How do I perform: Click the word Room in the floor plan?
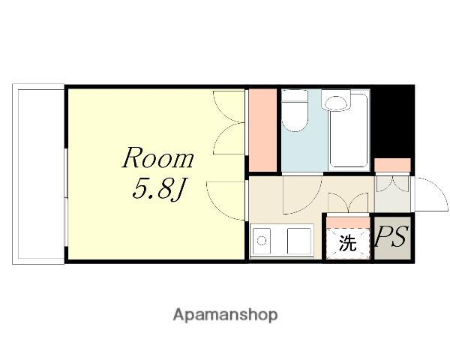[x=157, y=157]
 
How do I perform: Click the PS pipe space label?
[x=391, y=237]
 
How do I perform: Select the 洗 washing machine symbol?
[x=348, y=243]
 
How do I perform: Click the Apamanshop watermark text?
[x=225, y=315]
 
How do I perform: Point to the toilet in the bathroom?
[x=295, y=110]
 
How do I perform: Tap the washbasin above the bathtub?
[x=336, y=100]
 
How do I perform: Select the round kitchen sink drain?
[x=262, y=241]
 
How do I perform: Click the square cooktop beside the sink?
[x=299, y=241]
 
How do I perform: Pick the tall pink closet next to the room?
[x=262, y=130]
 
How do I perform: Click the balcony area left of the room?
[x=38, y=174]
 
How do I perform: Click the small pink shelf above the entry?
[x=392, y=165]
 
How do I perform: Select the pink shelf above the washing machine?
[x=348, y=223]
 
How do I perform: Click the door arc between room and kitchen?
[x=226, y=201]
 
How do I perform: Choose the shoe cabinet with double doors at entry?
[x=392, y=184]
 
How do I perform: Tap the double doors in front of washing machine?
[x=348, y=203]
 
